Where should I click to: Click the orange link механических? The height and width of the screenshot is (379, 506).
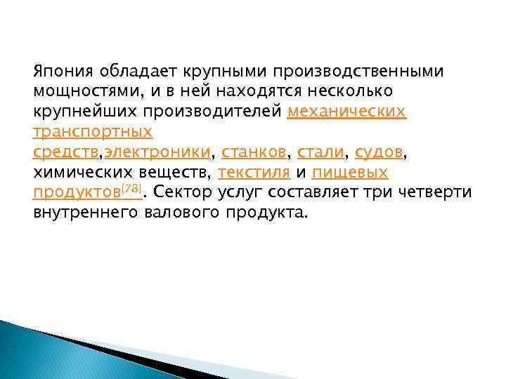point(347,112)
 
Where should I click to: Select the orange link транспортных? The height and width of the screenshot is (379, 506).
point(83,132)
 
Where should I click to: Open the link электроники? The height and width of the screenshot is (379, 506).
point(157,152)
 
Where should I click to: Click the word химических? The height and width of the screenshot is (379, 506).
point(78,172)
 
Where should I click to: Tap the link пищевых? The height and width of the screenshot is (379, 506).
point(349,172)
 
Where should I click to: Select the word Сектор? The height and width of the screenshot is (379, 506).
point(186,192)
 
